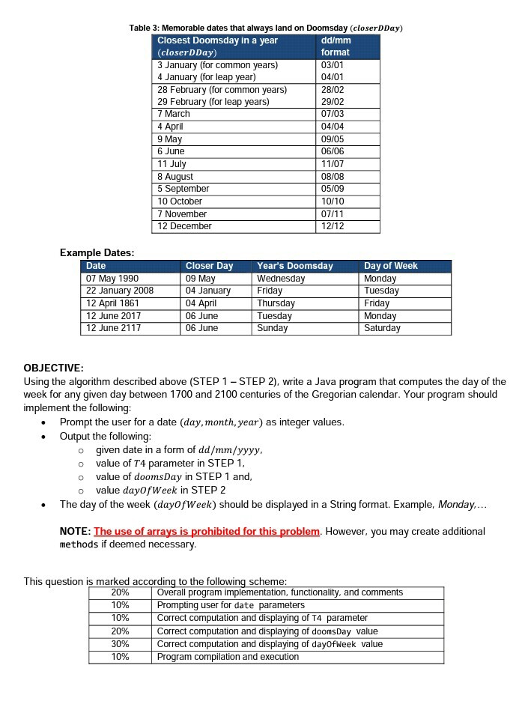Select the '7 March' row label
[174, 114]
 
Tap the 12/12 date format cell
[331, 226]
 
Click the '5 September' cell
[183, 189]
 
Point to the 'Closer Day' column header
[209, 266]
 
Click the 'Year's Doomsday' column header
[294, 266]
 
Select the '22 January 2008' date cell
[120, 291]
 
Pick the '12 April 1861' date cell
[113, 303]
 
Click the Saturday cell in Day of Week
[382, 328]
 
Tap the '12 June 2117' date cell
[113, 328]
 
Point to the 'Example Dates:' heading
[97, 252]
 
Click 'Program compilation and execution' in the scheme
[228, 657]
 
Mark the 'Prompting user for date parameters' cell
[231, 605]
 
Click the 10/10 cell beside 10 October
[331, 201]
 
